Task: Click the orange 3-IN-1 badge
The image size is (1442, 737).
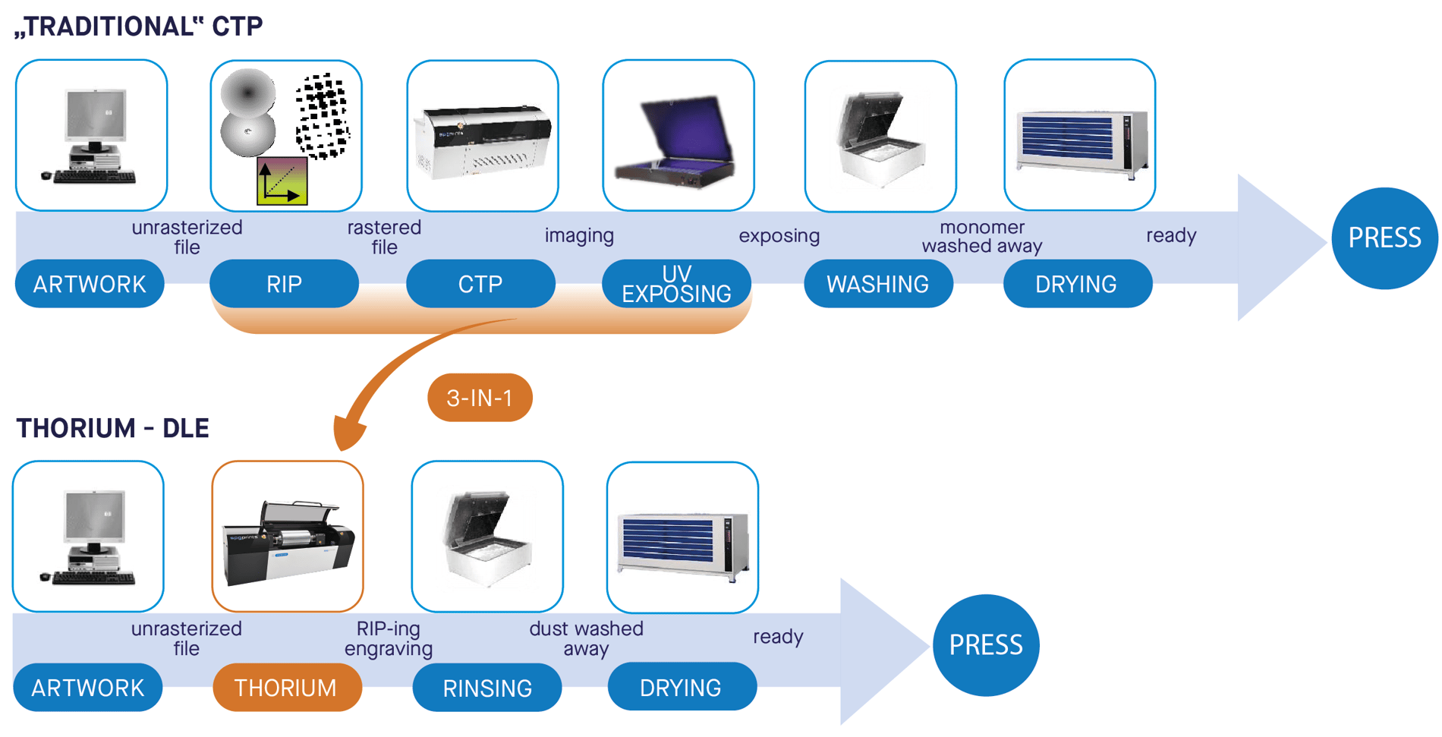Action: pyautogui.click(x=480, y=398)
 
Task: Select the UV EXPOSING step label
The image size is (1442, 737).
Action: pyautogui.click(x=676, y=284)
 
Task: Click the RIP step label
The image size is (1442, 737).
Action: pyautogui.click(x=284, y=284)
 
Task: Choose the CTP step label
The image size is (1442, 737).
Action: pyautogui.click(x=480, y=284)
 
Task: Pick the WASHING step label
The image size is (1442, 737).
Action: pyautogui.click(x=878, y=284)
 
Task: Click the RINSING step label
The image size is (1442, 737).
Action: pyautogui.click(x=486, y=688)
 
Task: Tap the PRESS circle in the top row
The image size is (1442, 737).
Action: pyautogui.click(x=1384, y=238)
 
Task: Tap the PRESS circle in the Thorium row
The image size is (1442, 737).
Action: pyautogui.click(x=986, y=645)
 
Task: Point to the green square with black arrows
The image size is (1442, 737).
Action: pyautogui.click(x=282, y=181)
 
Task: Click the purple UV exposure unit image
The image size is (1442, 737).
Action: pyautogui.click(x=678, y=140)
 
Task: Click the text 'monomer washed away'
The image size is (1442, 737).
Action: pyautogui.click(x=981, y=237)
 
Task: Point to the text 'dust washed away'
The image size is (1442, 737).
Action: pyautogui.click(x=586, y=638)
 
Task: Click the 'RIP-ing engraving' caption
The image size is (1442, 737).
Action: pyautogui.click(x=388, y=638)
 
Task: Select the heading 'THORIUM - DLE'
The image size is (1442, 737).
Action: pyautogui.click(x=112, y=428)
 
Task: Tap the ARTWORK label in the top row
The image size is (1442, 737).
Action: pyautogui.click(x=90, y=284)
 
